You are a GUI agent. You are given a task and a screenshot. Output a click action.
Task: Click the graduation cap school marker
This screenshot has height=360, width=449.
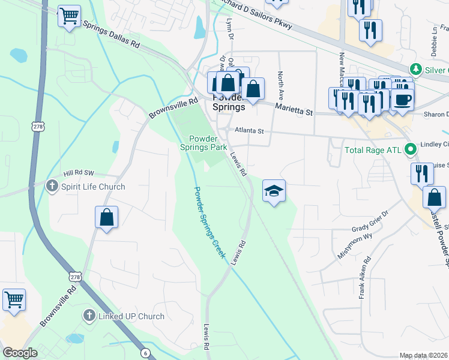pyautogui.click(x=274, y=191)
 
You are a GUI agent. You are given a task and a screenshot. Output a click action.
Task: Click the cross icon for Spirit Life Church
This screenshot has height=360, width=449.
pyautogui.click(x=53, y=187)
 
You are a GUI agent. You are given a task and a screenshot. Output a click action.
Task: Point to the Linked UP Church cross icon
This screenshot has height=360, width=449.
pyautogui.click(x=89, y=316)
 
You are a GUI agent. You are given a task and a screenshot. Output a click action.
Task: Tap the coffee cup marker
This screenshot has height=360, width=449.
pyautogui.click(x=403, y=98)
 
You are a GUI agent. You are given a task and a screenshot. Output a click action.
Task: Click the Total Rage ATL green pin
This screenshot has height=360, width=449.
pyautogui.click(x=411, y=149)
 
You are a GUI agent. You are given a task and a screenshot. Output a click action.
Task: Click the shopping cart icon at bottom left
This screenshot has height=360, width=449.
pyautogui.click(x=14, y=298)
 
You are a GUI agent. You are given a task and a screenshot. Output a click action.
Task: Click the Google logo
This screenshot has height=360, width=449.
pyautogui.click(x=20, y=353)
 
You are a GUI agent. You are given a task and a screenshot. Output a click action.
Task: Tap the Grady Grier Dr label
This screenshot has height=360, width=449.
pyautogui.click(x=370, y=229)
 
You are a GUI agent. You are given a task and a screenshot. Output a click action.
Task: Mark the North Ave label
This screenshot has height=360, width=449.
pyautogui.click(x=280, y=85)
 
